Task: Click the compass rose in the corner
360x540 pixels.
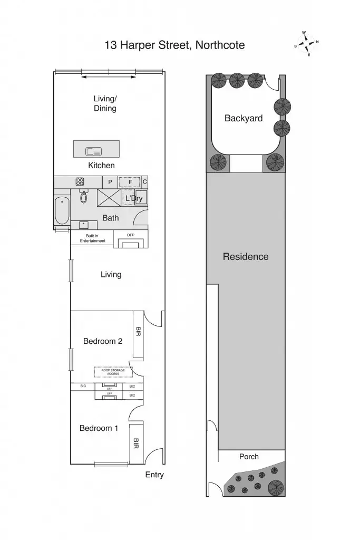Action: point(307,44)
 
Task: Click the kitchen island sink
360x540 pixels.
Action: point(93,151)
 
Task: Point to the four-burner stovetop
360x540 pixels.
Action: point(80,181)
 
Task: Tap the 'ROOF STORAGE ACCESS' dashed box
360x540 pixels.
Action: point(113,372)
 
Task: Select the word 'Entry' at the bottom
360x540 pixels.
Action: point(154,475)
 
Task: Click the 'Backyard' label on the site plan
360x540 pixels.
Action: point(244,118)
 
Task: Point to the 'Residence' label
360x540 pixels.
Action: point(246,257)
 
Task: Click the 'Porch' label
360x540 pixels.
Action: point(249,456)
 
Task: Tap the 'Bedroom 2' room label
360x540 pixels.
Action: point(103,341)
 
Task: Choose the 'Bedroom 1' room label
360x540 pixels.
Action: point(99,428)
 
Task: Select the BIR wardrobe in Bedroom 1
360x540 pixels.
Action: point(135,442)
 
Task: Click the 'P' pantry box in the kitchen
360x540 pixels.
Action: point(110,182)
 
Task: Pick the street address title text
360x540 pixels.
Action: point(174,45)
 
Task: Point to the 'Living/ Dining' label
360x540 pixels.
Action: point(105,103)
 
